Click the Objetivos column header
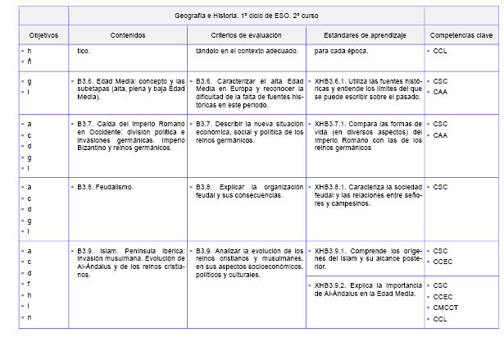tap(43, 35)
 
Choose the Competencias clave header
tap(461, 35)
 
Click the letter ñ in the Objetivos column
tap(30, 61)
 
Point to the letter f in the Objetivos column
tap(30, 284)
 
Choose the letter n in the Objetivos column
tap(30, 317)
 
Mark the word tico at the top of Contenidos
tap(83, 51)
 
